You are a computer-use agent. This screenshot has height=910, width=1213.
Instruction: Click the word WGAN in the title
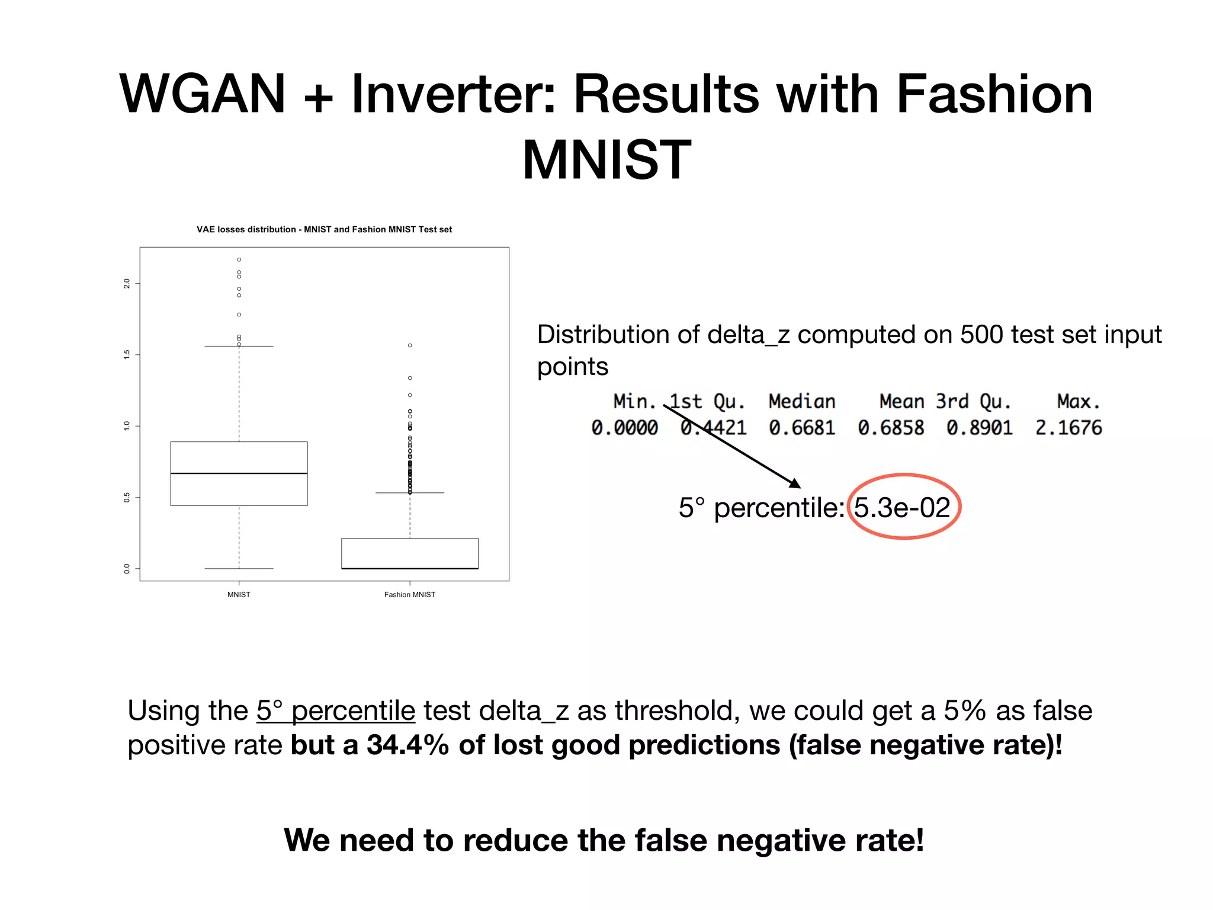coord(203,94)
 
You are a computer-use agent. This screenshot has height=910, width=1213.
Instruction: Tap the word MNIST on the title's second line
coord(606,160)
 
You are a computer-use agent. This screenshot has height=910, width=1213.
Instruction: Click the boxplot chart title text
coord(324,230)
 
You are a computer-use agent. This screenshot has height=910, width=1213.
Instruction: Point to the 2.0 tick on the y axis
coord(127,283)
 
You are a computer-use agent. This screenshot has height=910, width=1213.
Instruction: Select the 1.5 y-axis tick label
coord(127,354)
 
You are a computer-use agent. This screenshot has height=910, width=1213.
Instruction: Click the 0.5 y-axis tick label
coord(127,497)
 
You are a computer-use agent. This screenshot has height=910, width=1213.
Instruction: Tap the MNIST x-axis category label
coord(239,595)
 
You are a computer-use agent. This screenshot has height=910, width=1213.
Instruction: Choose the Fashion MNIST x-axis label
coord(409,595)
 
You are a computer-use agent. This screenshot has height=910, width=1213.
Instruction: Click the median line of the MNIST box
coord(239,473)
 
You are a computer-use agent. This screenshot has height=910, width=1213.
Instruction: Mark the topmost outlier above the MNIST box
coord(239,259)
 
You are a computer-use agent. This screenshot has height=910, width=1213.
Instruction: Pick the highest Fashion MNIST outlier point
coord(410,345)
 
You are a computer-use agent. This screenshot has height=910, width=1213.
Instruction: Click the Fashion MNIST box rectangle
coord(410,553)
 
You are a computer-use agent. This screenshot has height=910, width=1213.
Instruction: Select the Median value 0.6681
coord(802,428)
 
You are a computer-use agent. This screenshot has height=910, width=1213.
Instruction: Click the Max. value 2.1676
coord(1068,428)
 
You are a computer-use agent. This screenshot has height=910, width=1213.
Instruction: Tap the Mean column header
coord(901,402)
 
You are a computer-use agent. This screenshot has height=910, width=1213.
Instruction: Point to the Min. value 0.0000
coord(624,428)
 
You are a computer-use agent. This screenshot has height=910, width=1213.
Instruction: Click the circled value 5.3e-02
coord(902,508)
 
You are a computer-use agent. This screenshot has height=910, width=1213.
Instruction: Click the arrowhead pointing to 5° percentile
coord(795,483)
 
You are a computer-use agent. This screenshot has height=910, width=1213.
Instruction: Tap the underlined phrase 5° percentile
coord(336,711)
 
